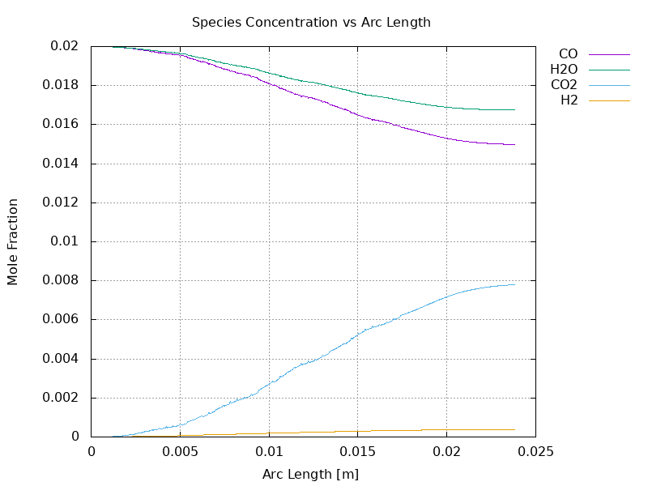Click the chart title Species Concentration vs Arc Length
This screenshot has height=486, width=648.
coord(311,23)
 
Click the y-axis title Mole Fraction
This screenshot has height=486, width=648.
coord(13,241)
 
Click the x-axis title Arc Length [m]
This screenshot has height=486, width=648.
coord(311,474)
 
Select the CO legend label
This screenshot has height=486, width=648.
coord(568,54)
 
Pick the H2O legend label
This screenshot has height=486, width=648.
coord(564,70)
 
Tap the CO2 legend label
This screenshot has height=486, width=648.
coord(564,85)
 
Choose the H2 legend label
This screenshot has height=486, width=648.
coord(569,100)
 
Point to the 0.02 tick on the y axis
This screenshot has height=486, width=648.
coord(66,46)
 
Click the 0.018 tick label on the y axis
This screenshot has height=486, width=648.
coord(62,85)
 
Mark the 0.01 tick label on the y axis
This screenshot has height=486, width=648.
coord(66,241)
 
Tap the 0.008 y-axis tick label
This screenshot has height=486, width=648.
coord(62,280)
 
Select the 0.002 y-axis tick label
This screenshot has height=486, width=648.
coord(62,398)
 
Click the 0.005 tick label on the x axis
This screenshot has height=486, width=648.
coord(180,450)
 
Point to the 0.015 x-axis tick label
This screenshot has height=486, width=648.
coord(357,450)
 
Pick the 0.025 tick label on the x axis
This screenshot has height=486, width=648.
coord(535,450)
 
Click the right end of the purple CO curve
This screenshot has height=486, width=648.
coord(514,145)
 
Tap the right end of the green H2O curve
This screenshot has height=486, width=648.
coord(514,109)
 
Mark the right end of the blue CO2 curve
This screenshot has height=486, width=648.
coord(514,284)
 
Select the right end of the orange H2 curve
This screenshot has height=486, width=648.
coord(514,429)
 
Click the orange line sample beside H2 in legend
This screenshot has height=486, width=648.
coord(609,100)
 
